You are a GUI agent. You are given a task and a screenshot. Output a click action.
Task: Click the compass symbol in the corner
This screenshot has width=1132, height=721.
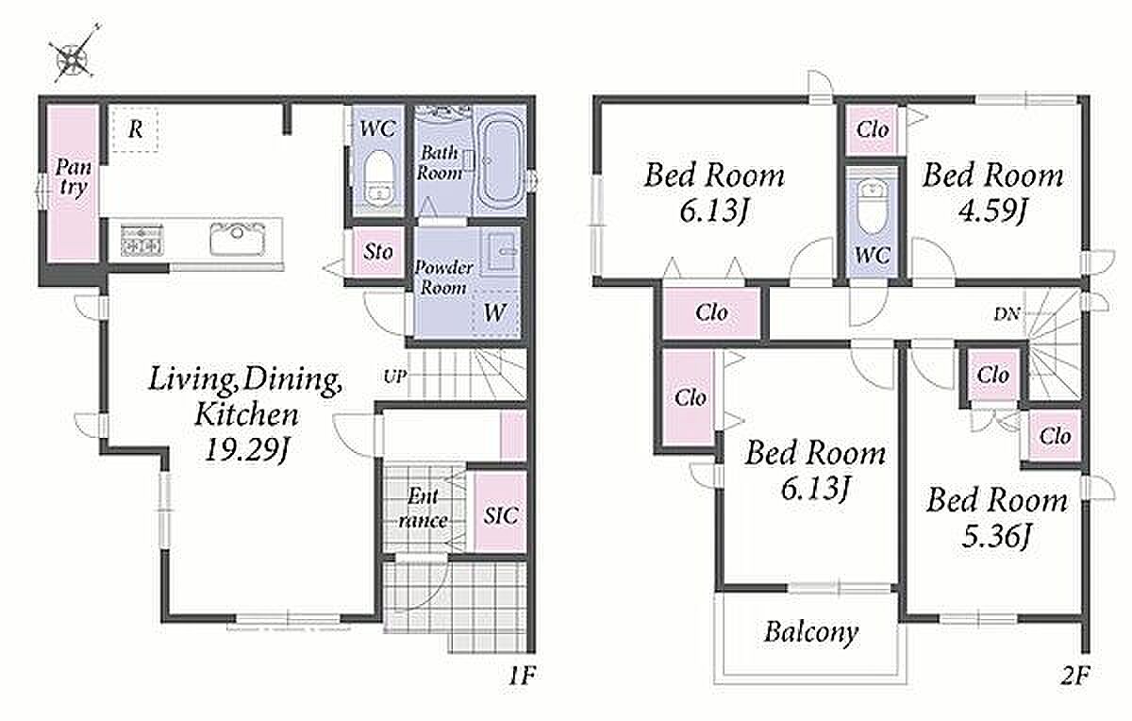click(x=75, y=55)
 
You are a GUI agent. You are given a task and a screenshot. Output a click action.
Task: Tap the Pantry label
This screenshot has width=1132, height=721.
click(x=74, y=177)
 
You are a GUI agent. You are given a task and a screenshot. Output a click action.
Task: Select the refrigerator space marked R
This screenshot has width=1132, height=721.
click(x=135, y=129)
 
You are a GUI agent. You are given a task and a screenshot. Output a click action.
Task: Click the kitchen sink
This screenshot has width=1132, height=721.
click(x=238, y=239)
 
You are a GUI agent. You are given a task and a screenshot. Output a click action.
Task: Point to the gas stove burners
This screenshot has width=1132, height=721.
click(x=141, y=240)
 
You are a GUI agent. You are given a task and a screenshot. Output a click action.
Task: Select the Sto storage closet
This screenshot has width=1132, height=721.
click(x=377, y=252)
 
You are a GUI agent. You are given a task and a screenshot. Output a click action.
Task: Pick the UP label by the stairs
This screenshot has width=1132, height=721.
click(x=394, y=377)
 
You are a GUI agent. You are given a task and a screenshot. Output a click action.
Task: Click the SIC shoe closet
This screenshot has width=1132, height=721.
click(x=501, y=512)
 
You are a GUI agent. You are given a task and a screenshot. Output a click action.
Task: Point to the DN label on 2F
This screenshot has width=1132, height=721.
click(x=1007, y=314)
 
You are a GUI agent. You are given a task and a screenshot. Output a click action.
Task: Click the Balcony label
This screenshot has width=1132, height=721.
click(x=810, y=632)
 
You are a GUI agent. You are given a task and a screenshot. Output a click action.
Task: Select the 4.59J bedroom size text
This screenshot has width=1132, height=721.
click(x=993, y=210)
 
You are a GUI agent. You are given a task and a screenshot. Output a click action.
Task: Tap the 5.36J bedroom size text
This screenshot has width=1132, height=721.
click(x=996, y=536)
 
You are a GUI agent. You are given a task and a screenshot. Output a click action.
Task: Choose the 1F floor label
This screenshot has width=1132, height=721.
click(x=521, y=676)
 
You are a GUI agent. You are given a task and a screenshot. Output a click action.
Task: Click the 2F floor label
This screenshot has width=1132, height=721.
click(x=1074, y=676)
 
